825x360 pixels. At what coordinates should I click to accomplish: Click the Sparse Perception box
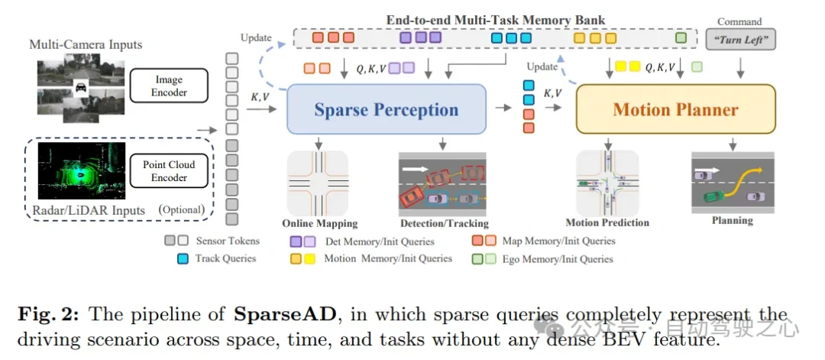(386, 109)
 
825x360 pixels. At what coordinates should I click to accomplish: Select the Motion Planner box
(675, 109)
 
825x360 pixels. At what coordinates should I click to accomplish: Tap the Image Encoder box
(169, 86)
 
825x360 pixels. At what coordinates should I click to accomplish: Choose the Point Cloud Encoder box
(169, 170)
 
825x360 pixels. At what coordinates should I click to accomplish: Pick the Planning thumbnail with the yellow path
(732, 181)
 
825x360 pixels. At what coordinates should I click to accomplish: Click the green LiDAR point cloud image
(82, 170)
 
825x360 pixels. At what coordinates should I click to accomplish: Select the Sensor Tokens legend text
(228, 241)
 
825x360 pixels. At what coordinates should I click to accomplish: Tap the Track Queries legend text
(225, 258)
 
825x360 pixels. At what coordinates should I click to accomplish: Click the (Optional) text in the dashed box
(181, 209)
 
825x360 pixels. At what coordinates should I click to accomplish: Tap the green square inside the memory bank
(681, 37)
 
